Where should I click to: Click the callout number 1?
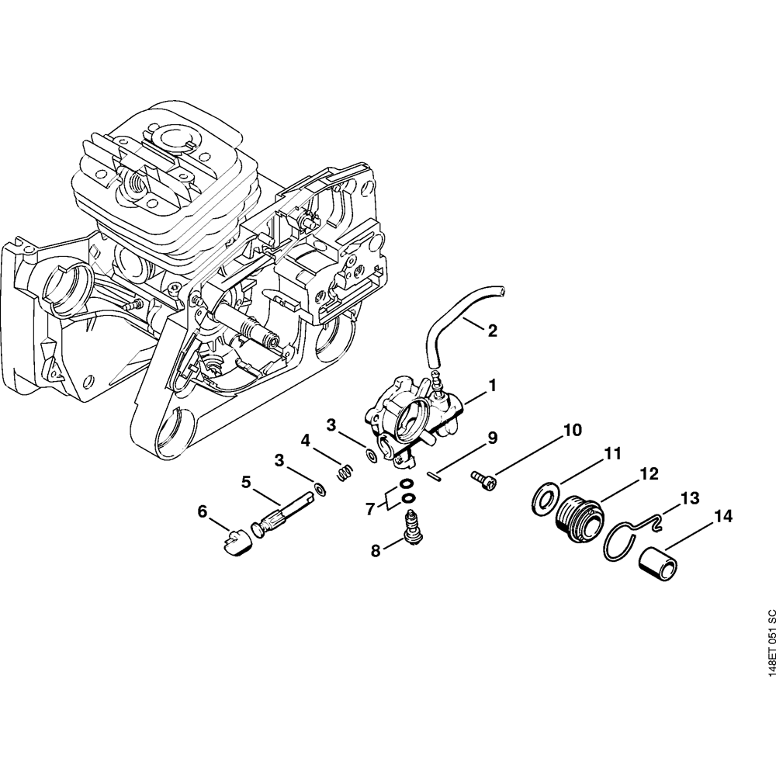[x=493, y=384]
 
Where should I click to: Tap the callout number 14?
[x=723, y=514]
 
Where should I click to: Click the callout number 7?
[x=370, y=509]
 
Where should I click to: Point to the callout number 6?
[x=203, y=511]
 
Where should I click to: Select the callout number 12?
[x=649, y=473]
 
